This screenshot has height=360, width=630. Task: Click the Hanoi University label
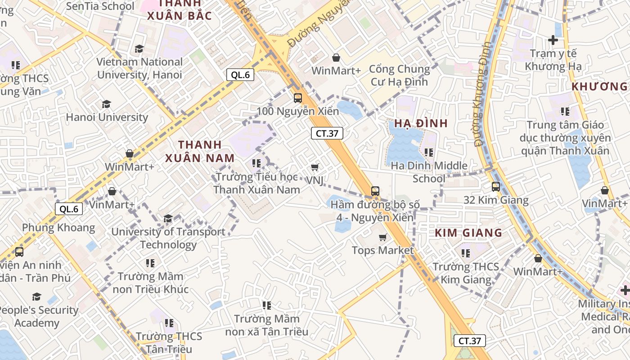click(107, 117)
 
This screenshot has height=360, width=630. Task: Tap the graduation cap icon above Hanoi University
click(106, 104)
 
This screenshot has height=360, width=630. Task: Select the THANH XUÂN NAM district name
click(200, 151)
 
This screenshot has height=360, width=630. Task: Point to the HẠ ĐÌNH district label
click(421, 123)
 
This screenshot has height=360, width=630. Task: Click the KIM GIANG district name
click(468, 233)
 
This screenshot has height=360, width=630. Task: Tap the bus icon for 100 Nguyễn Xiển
click(297, 98)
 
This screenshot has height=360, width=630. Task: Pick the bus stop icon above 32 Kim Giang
click(495, 186)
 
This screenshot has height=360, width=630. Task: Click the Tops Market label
click(382, 250)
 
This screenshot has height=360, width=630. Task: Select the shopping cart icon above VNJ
click(315, 167)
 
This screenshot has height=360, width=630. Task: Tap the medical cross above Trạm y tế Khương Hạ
click(553, 40)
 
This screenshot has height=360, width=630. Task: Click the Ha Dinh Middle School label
click(429, 172)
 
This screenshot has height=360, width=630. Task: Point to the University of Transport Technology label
click(168, 238)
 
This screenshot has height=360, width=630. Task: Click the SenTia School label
click(100, 6)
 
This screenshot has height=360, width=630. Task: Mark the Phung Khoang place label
click(58, 227)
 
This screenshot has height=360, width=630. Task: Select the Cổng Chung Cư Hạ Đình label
click(399, 75)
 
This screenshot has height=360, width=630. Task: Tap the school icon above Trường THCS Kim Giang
click(465, 253)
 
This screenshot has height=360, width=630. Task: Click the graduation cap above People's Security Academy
click(36, 297)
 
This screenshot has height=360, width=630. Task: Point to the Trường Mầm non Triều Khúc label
click(150, 282)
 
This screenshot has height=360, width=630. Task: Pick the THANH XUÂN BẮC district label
click(179, 10)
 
